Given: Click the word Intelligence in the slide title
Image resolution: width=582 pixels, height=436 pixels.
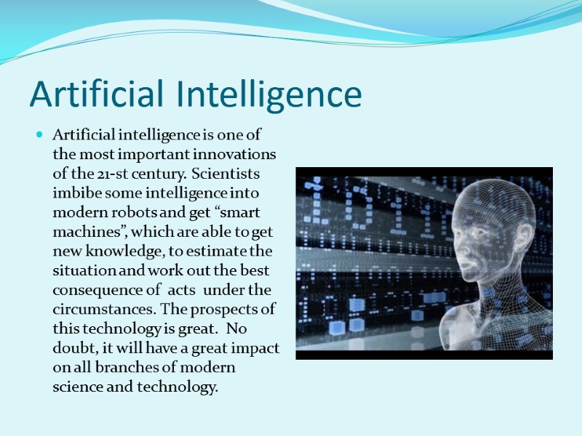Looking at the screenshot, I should [x=276, y=94].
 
